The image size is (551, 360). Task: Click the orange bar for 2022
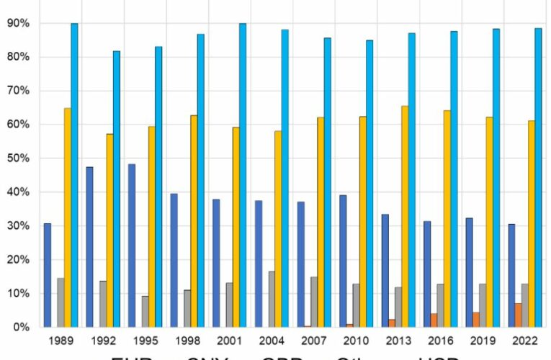pos(518,315)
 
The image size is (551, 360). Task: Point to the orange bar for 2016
pos(434,320)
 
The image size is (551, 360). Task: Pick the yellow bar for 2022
pos(532,224)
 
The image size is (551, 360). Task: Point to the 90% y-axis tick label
pos(18,23)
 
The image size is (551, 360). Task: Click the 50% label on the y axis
pos(18,158)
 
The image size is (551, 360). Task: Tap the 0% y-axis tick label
pos(21,327)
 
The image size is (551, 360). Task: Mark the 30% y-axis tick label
pos(18,226)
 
